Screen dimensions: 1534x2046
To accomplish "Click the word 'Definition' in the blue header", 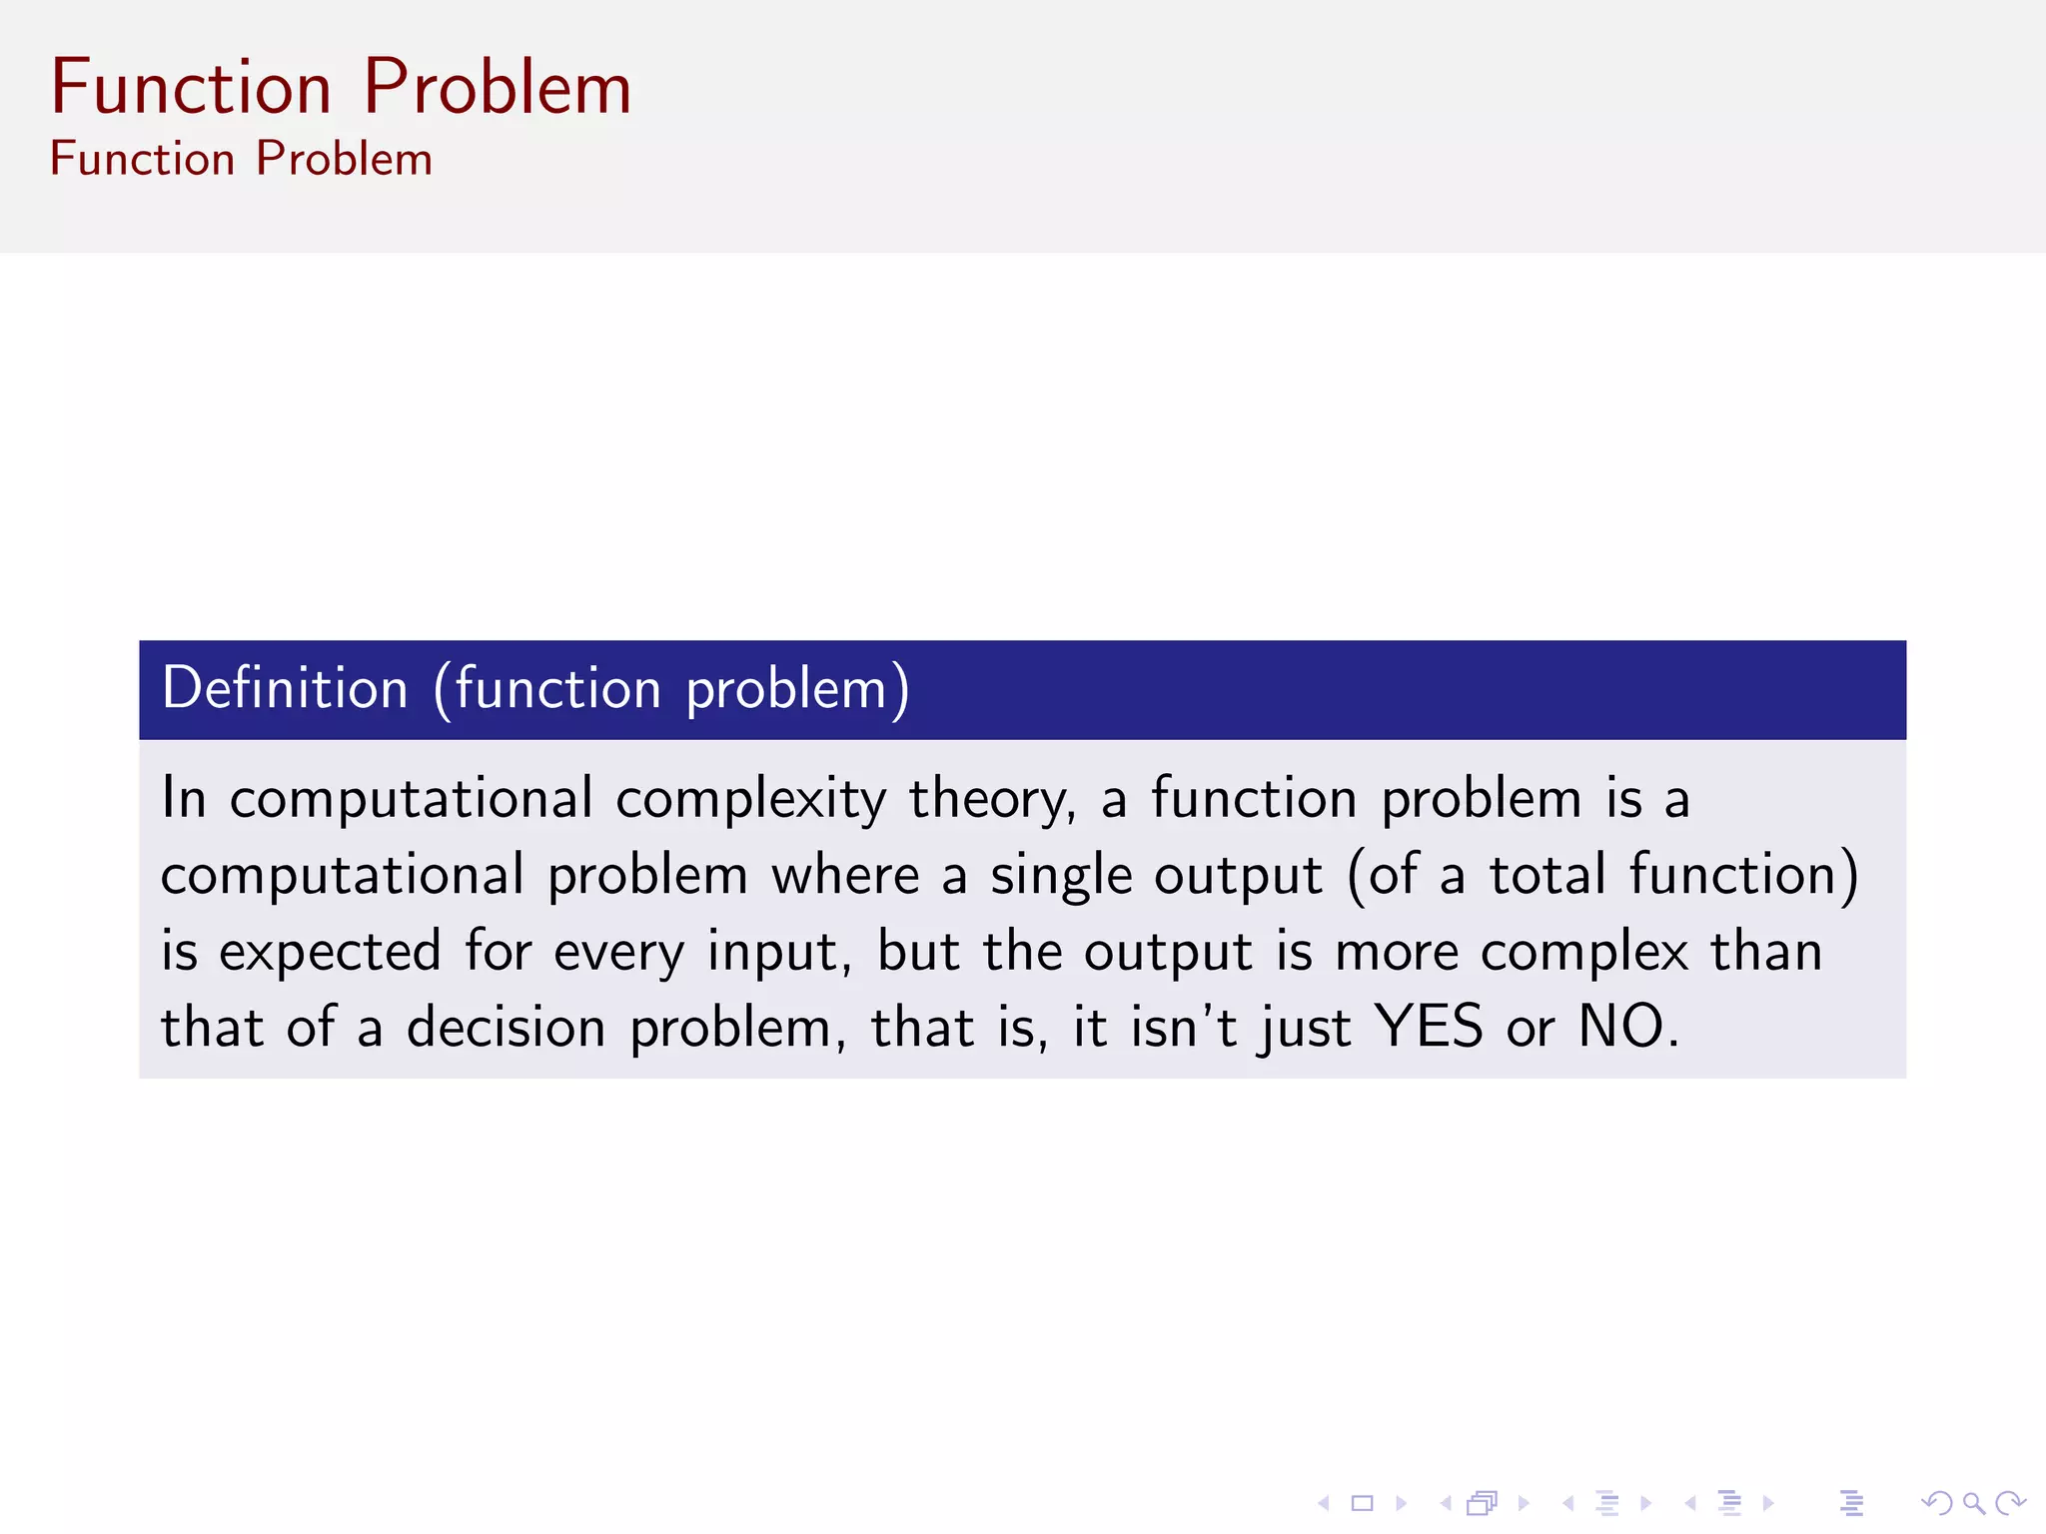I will (x=285, y=689).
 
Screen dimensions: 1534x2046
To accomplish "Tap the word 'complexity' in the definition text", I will (x=750, y=800).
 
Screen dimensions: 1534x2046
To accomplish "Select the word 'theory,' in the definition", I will (x=992, y=800).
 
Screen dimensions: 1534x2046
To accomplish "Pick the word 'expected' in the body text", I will (x=330, y=952).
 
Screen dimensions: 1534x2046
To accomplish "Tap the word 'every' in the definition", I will (x=618, y=952).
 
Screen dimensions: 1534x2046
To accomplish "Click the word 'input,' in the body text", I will (x=779, y=952).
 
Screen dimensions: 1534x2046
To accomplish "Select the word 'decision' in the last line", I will (x=506, y=1028).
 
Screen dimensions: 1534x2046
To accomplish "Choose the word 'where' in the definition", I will (x=845, y=876).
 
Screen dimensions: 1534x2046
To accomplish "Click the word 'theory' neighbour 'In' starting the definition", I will (x=184, y=798).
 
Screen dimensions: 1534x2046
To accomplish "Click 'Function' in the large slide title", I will (x=191, y=88).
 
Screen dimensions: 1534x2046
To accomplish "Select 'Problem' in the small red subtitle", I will (x=344, y=160).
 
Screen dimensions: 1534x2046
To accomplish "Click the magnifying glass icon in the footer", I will (x=1973, y=1503).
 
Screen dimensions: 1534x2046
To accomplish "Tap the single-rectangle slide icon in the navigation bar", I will (x=1363, y=1503).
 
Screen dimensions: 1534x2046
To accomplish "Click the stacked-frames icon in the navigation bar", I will (x=1483, y=1503).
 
